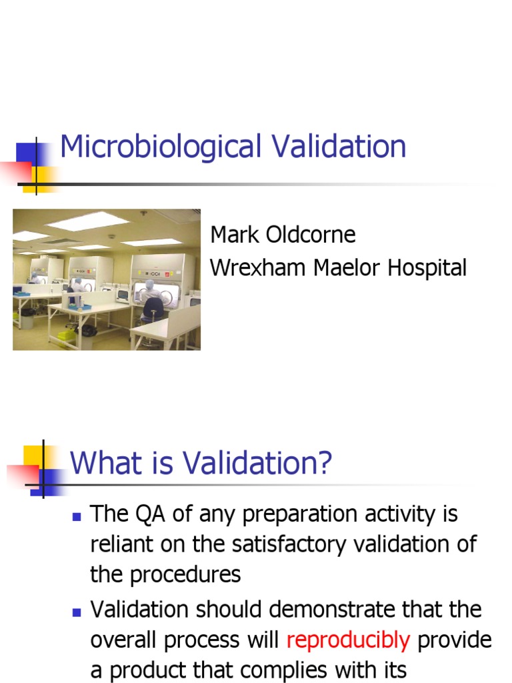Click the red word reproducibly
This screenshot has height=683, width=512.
[x=348, y=640]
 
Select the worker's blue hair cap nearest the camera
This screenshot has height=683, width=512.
[x=150, y=283]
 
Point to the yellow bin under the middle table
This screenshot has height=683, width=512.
[x=67, y=335]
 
